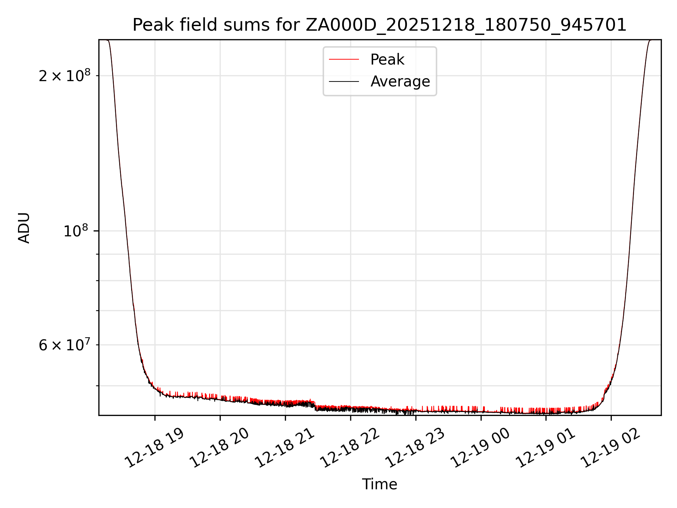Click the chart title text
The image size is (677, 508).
(379, 25)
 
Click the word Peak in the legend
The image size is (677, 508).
(387, 60)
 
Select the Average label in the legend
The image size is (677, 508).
(400, 81)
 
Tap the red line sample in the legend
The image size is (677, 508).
(344, 60)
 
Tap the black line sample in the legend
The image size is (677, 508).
(344, 81)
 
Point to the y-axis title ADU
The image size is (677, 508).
(24, 228)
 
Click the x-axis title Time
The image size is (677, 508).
(379, 484)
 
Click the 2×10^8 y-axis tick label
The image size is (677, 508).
(65, 76)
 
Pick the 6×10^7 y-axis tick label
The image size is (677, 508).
(65, 345)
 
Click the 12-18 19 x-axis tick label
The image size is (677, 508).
(155, 448)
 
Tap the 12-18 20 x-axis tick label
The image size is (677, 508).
(220, 448)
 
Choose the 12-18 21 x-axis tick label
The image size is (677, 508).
(285, 448)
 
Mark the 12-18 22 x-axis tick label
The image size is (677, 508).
(350, 448)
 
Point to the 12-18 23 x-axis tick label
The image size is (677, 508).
(415, 448)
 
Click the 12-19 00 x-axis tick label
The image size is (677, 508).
(481, 448)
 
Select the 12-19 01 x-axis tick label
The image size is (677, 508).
(546, 448)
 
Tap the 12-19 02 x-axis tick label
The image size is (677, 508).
(611, 448)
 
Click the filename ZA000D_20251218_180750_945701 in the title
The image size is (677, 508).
(466, 25)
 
